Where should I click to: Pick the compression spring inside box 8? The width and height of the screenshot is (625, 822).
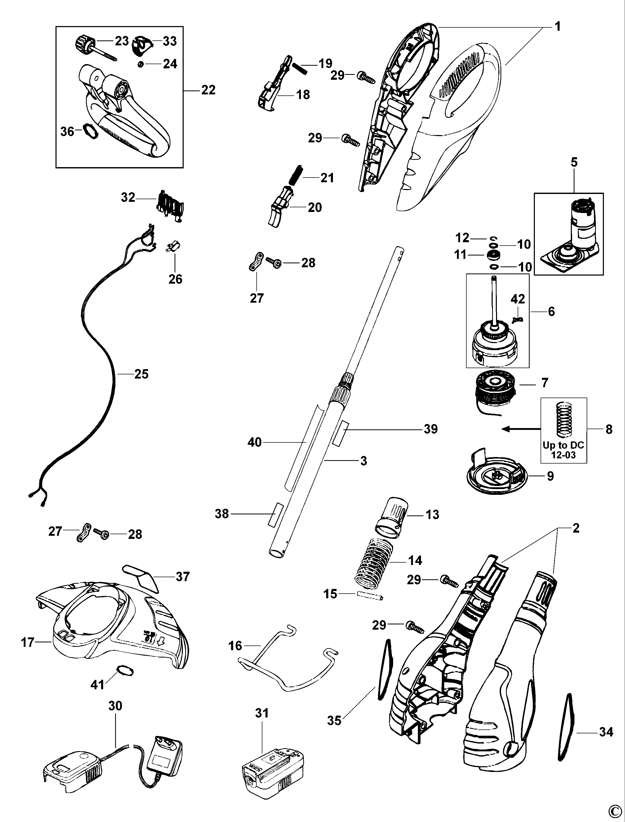pyautogui.click(x=563, y=419)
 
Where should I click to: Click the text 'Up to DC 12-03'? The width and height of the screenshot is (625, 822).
pyautogui.click(x=563, y=450)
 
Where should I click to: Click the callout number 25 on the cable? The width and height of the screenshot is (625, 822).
pyautogui.click(x=141, y=374)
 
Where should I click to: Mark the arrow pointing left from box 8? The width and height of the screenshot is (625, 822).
pyautogui.click(x=521, y=429)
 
